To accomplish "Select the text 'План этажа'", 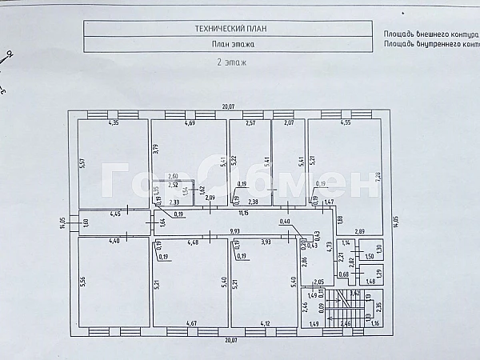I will (230, 45).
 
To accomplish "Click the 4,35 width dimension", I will (114, 122).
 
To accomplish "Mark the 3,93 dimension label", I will (266, 242).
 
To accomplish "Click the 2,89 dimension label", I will (361, 230).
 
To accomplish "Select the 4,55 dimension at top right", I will (345, 122).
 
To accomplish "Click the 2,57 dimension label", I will (250, 122).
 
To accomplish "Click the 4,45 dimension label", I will (115, 214).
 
